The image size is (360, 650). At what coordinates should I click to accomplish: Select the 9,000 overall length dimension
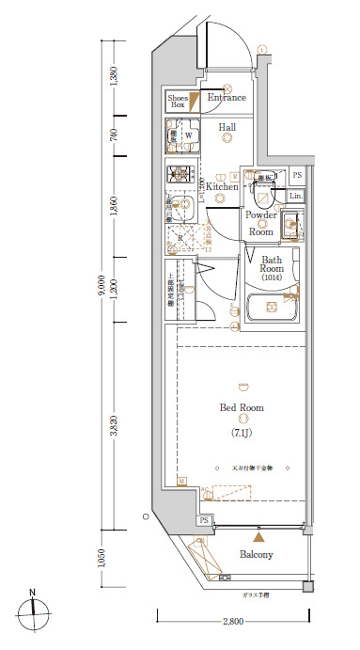pos(102,292)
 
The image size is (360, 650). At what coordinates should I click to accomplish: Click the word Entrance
pos(227,98)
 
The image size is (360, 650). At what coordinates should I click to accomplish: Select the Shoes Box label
pos(178,102)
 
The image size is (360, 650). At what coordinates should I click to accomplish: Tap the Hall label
pos(227,127)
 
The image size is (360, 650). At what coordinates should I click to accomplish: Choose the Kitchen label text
pos(223,186)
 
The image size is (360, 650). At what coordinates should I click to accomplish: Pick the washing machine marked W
pos(186,136)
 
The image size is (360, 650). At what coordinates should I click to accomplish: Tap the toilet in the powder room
pos(263,194)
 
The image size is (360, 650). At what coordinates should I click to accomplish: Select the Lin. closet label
pos(295,196)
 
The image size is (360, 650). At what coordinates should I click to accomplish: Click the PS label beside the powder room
pos(297,175)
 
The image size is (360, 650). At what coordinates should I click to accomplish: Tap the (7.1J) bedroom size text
pos(242,433)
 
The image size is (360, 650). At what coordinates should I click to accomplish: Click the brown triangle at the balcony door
pos(260,535)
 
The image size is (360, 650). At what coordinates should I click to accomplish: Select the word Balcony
pos(255,555)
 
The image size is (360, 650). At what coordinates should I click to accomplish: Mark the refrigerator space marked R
pos(180,238)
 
